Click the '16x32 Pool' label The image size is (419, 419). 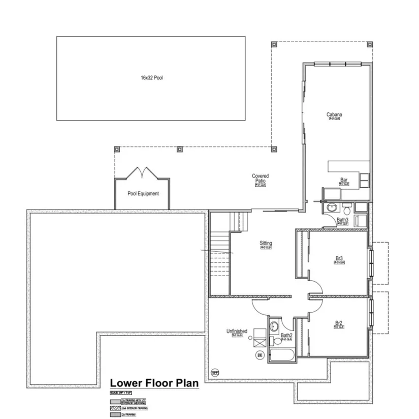[151, 78]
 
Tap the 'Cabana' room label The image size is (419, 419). [334, 115]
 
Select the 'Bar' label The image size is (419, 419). [344, 180]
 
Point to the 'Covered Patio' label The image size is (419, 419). [261, 178]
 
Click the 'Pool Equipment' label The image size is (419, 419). [143, 194]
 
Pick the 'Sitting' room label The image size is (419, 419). [266, 244]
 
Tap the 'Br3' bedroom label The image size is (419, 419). [339, 259]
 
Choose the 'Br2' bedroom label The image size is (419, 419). [339, 323]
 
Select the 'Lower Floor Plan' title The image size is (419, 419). [154, 383]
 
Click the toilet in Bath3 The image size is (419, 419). [346, 209]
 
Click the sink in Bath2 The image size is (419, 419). [274, 326]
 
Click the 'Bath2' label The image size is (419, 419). [286, 336]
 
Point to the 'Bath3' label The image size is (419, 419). [343, 220]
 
